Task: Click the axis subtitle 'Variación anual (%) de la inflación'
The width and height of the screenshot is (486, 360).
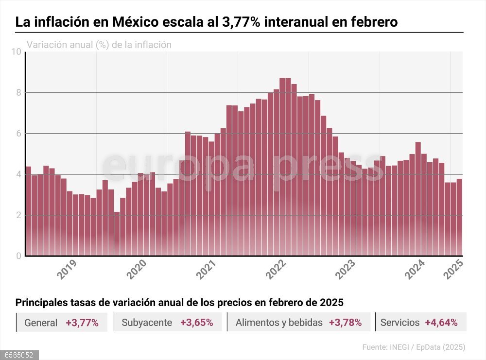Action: click(x=99, y=45)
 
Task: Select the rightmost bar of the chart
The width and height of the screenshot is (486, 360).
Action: click(x=459, y=217)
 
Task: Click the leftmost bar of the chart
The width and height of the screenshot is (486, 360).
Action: click(x=28, y=211)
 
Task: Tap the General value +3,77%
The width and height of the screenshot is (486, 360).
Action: click(x=82, y=323)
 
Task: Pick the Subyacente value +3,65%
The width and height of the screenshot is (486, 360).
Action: click(x=196, y=323)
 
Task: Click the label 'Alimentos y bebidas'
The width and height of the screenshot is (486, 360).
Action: click(x=278, y=323)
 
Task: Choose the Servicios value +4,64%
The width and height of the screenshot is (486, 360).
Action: click(x=441, y=323)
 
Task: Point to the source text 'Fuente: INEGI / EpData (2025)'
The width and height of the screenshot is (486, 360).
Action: click(x=414, y=347)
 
